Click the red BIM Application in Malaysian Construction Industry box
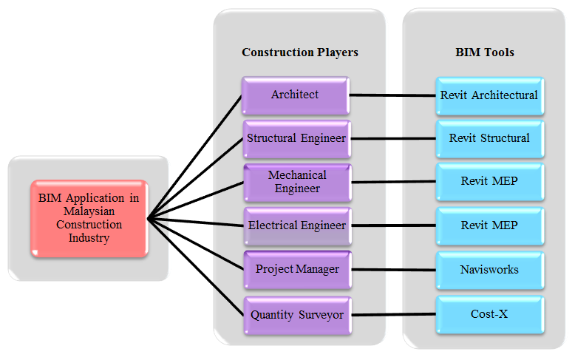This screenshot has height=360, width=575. [x=89, y=218]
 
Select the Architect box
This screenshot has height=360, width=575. [x=295, y=95]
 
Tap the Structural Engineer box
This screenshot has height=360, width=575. [x=296, y=138]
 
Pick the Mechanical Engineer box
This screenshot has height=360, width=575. [x=296, y=182]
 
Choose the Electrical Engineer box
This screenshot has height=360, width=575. [x=296, y=225]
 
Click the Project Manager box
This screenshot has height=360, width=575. [x=296, y=269]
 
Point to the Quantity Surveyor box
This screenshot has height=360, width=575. [x=296, y=313]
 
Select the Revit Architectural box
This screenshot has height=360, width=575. [x=489, y=95]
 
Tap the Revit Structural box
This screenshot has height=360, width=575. [x=489, y=138]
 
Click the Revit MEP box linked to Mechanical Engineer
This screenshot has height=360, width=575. [x=489, y=182]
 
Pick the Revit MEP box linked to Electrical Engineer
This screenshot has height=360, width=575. [x=489, y=225]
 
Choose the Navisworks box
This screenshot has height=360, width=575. [x=489, y=269]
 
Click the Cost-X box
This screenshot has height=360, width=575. [x=489, y=313]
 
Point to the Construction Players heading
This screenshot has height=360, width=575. [x=299, y=52]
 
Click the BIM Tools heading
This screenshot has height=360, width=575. [x=485, y=52]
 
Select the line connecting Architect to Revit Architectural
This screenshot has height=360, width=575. [x=392, y=95]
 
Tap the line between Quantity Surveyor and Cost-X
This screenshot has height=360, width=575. [x=392, y=314]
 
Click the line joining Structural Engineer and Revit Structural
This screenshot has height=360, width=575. [x=392, y=138]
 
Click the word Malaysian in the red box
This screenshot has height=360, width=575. [x=88, y=211]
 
